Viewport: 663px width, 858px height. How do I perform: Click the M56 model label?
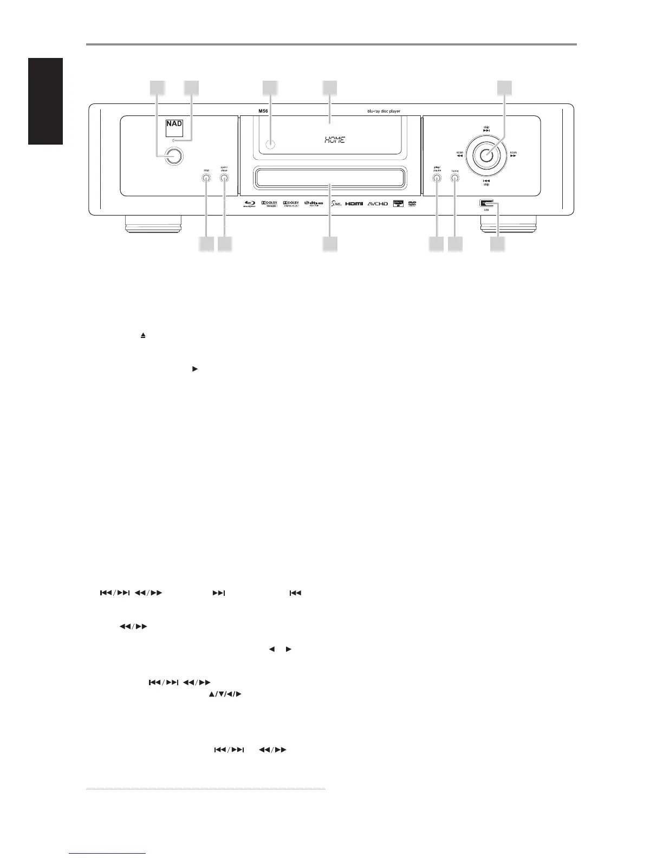(x=264, y=111)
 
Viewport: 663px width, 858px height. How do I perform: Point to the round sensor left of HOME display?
(x=271, y=145)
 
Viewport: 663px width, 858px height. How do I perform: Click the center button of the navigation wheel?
(x=486, y=155)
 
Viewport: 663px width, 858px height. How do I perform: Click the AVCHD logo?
(x=378, y=204)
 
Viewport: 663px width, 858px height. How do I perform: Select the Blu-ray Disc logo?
(x=249, y=205)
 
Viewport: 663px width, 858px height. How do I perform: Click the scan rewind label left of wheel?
(x=460, y=154)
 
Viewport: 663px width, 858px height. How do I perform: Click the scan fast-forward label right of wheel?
(x=512, y=154)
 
